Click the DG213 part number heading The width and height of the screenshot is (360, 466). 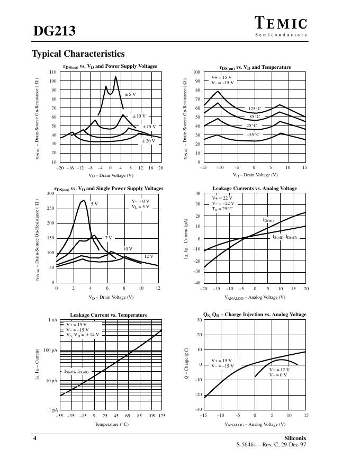54,31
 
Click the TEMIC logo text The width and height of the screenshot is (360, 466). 281,23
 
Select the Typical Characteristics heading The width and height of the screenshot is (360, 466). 78,54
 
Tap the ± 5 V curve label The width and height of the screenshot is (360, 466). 130,94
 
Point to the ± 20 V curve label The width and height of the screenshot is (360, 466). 148,141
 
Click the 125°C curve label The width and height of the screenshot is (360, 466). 255,109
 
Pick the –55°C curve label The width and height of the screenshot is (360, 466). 253,135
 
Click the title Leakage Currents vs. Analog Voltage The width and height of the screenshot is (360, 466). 255,189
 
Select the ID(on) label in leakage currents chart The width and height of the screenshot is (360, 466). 268,220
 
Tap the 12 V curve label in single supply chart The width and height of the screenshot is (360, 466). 148,256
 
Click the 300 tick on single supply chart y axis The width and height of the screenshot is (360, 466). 51,193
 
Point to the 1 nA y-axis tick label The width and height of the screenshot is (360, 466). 52,320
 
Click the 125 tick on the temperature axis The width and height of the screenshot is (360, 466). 162,416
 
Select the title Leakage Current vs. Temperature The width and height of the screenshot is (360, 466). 109,315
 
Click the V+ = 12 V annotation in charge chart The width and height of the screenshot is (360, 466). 279,370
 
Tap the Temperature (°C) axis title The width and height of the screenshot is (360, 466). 112,425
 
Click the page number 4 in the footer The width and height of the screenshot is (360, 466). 34,438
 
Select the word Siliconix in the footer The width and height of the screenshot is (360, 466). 295,438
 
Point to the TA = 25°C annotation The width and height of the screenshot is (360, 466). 222,210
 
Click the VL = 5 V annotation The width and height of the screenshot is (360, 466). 141,207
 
